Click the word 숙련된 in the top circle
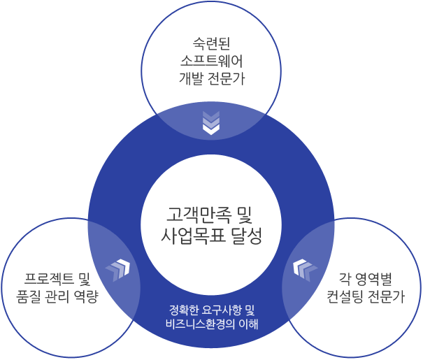[x=211, y=43]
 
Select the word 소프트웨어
[x=211, y=61]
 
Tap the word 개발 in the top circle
[x=190, y=79]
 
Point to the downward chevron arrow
[x=211, y=123]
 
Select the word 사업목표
[x=193, y=236]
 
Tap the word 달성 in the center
[x=247, y=236]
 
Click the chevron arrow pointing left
[x=305, y=271]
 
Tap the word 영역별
[x=373, y=279]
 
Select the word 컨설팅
[x=345, y=296]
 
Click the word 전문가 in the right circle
[x=387, y=296]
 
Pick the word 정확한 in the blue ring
[x=182, y=310]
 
